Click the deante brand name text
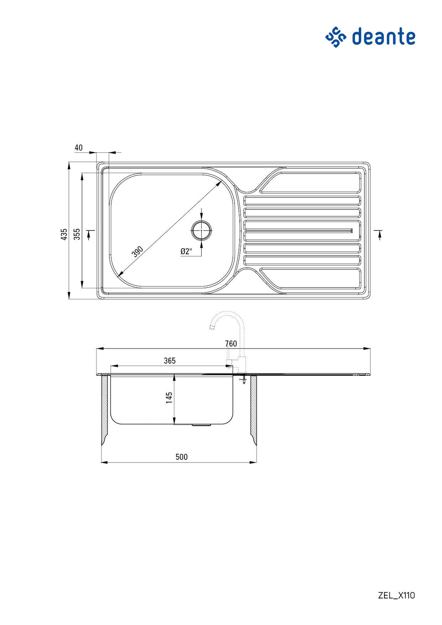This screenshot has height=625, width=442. pos(384,36)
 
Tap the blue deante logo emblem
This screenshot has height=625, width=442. pos(336,37)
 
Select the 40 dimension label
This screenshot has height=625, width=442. pos(79,148)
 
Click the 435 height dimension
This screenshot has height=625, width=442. pos(64,234)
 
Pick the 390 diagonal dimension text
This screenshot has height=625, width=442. pos(138,252)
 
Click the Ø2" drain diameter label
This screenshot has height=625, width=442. pos(186,252)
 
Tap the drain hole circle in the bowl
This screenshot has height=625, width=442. pos(201,230)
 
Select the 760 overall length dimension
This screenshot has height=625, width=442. pos(231,344)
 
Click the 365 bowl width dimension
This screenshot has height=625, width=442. pos(170,361)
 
